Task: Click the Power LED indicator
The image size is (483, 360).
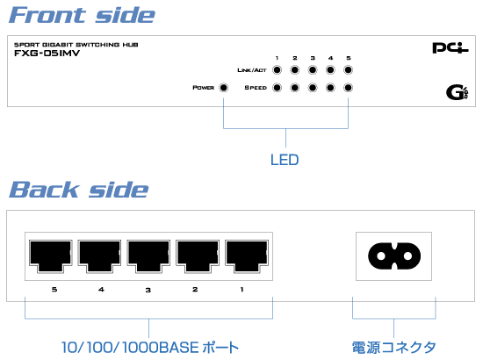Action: click(223, 88)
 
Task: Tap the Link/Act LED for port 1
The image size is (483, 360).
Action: click(277, 70)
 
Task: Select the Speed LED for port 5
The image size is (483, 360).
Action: click(348, 88)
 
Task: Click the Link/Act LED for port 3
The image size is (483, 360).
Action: click(313, 70)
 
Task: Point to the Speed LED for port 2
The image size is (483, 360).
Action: click(295, 88)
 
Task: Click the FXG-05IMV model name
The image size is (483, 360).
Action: click(47, 54)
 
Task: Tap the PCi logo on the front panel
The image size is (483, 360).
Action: click(451, 48)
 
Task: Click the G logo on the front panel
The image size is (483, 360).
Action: click(458, 92)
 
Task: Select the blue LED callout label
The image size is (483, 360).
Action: click(285, 160)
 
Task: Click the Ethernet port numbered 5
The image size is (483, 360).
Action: click(51, 256)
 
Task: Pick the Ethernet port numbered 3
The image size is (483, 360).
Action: click(148, 256)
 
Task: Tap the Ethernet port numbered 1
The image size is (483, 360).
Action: click(247, 256)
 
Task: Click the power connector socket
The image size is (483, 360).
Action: click(394, 256)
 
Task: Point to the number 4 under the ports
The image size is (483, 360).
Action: click(101, 289)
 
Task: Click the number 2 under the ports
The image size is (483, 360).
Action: click(195, 289)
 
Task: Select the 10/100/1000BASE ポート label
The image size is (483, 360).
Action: click(150, 348)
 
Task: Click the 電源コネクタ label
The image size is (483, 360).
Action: click(394, 348)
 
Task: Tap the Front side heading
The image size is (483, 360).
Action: click(82, 15)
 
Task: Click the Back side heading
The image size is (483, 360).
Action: click(79, 190)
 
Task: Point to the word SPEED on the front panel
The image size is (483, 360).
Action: click(256, 88)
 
